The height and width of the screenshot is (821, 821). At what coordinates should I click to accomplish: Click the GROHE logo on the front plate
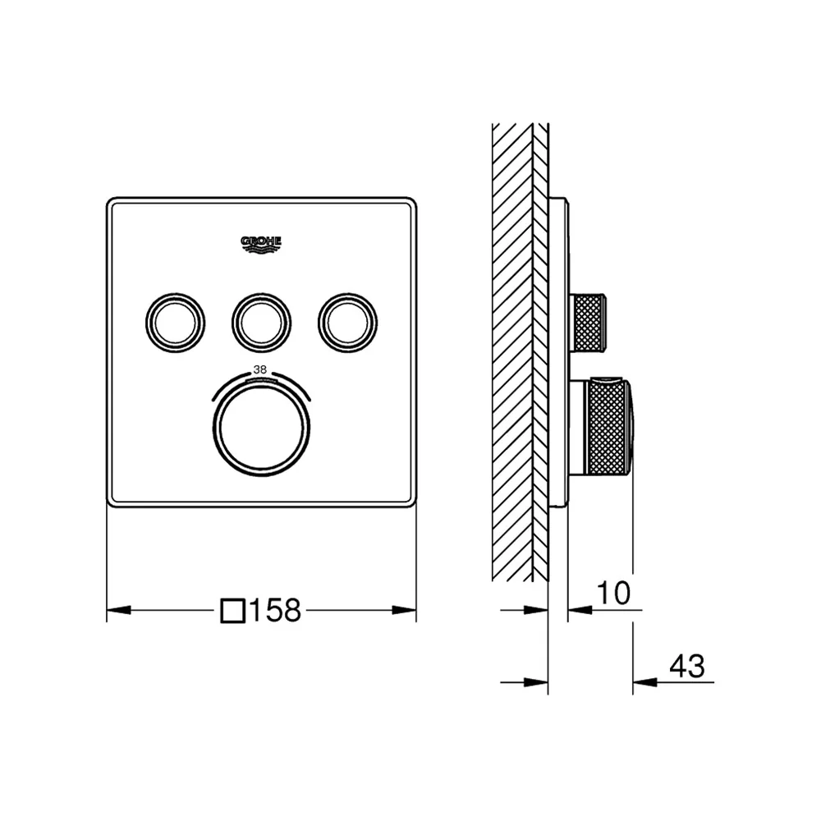[261, 245]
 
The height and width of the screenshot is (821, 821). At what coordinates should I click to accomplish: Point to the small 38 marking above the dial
[260, 369]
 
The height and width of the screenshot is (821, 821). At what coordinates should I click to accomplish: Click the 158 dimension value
[276, 610]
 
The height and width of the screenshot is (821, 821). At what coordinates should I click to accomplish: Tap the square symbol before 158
[233, 611]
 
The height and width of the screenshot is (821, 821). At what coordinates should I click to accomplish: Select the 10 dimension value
[613, 593]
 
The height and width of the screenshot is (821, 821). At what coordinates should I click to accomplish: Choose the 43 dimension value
[687, 666]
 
